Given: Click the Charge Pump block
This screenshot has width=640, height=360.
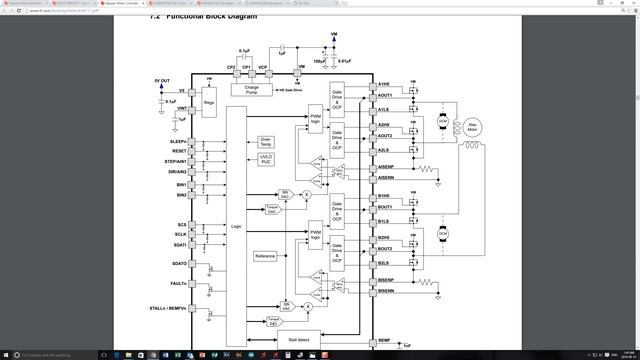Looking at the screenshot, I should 252,90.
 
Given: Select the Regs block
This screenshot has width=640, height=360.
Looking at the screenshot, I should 208,103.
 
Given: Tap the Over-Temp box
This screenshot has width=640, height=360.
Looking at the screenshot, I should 266,141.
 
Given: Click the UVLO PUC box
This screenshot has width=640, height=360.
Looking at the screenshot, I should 266,159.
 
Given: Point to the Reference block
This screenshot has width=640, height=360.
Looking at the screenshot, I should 265,256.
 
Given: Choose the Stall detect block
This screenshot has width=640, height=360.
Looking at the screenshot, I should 297,339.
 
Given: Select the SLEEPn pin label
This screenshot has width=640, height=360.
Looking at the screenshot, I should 179,142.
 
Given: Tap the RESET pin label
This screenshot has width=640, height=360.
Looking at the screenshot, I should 180,151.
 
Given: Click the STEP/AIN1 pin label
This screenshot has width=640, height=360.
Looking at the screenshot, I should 176,161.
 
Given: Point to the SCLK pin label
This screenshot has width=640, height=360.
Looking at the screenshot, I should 180,234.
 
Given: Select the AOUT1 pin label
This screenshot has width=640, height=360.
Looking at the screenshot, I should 385,96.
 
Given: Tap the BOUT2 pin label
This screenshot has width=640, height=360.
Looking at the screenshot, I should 385,248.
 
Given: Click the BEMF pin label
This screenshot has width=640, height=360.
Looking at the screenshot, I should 384,341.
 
